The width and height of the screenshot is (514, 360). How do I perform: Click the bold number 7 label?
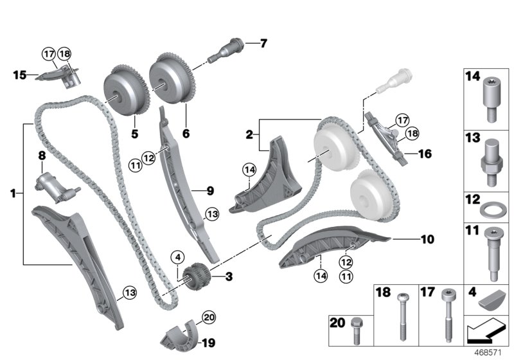point(262,44)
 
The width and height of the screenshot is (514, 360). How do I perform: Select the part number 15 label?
point(19,75)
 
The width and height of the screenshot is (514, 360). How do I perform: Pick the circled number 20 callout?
point(208,316)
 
